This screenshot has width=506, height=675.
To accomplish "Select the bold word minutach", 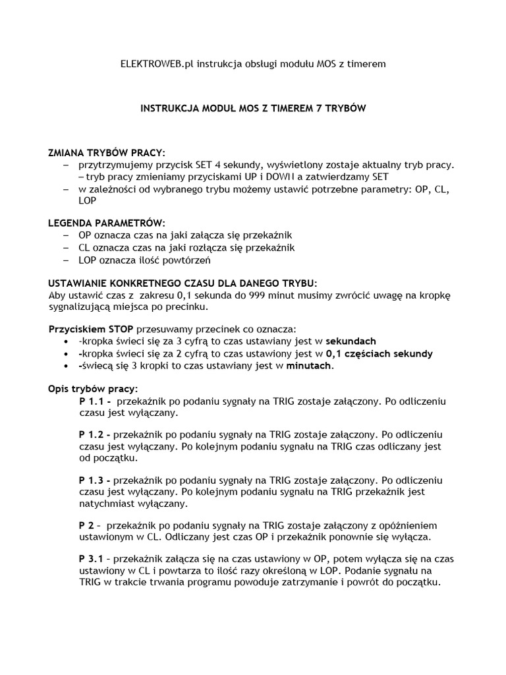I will coord(309,366).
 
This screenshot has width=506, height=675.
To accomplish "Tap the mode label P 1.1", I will coord(93,401).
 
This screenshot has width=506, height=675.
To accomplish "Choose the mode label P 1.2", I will coord(94,436).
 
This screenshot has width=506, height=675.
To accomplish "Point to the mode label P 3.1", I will coord(91,560).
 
